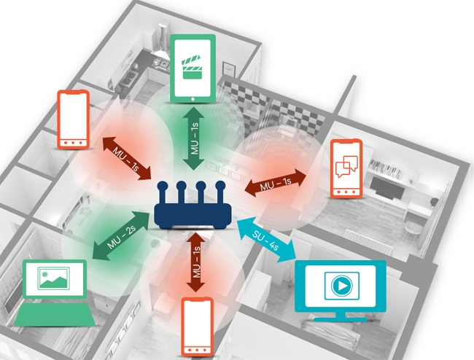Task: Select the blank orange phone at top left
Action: [73, 118]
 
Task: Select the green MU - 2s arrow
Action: [120, 235]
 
